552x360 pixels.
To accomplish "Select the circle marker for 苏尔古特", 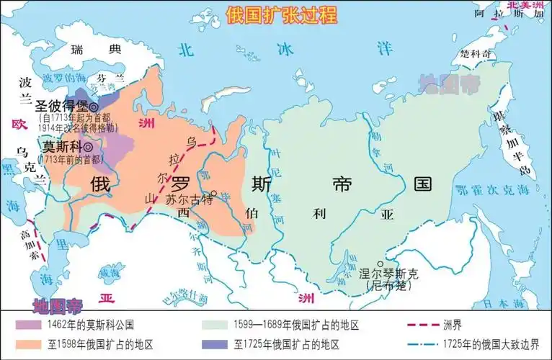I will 214,193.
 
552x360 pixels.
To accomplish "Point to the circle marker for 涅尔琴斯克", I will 380,264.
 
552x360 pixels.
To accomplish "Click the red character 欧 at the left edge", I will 19,124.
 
